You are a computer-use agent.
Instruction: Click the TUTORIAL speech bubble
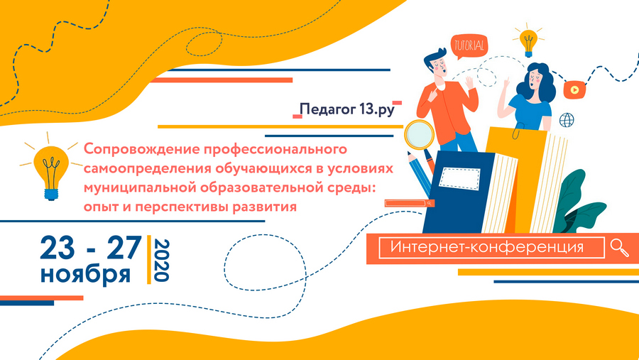coord(469,45)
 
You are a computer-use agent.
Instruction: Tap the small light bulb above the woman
coord(528,40)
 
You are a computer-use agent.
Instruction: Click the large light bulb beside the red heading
coord(51,167)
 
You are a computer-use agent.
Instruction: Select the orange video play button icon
coord(574,89)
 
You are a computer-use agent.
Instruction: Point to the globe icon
coord(567,120)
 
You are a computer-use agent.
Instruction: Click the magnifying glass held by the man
coord(420,134)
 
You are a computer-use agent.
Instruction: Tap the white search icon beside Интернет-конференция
coord(619,248)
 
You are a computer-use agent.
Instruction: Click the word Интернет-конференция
coord(487,247)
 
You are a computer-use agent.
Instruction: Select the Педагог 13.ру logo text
coord(347,109)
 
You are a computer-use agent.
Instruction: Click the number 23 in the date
coord(58,248)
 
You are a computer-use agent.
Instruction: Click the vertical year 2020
coord(161,260)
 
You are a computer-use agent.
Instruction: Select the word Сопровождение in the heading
coord(141,150)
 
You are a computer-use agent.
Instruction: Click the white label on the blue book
coord(459,178)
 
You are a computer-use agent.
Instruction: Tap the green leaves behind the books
coord(579,204)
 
